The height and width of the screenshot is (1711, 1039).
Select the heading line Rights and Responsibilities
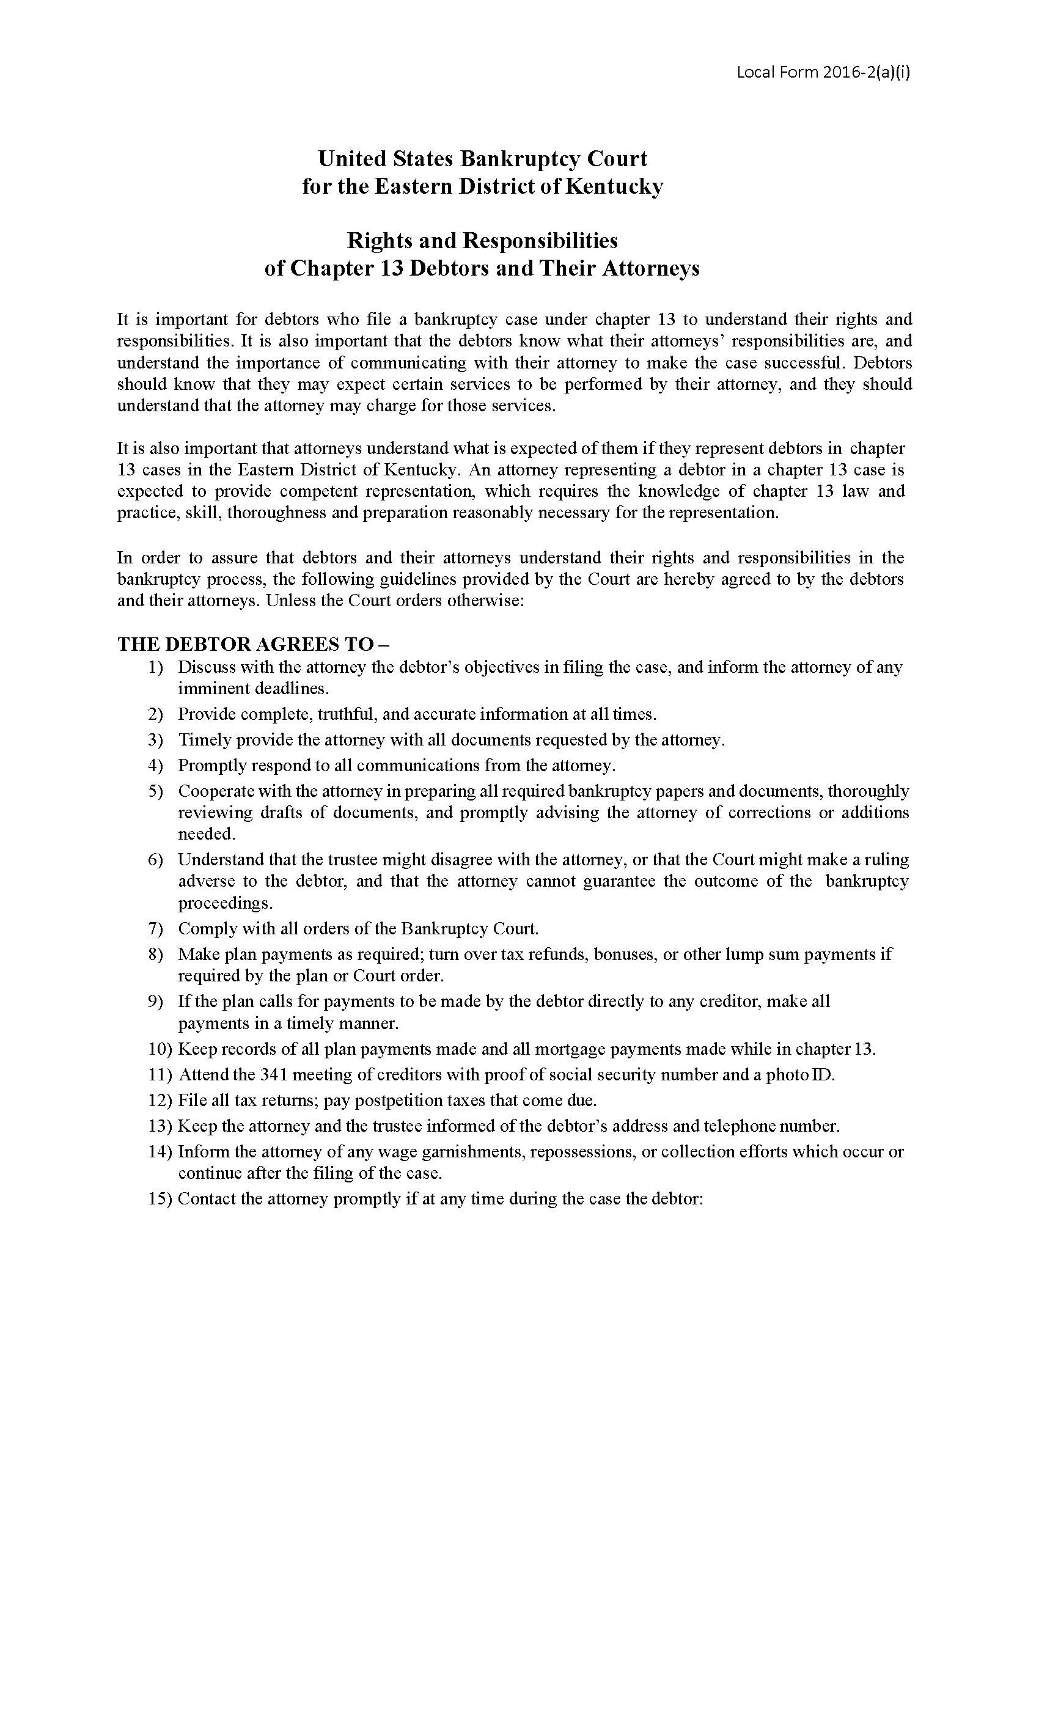pos(482,241)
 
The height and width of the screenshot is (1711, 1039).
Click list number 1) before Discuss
pos(155,667)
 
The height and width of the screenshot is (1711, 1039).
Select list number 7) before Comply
pos(155,928)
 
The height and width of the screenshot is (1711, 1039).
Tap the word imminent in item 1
pos(211,689)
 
